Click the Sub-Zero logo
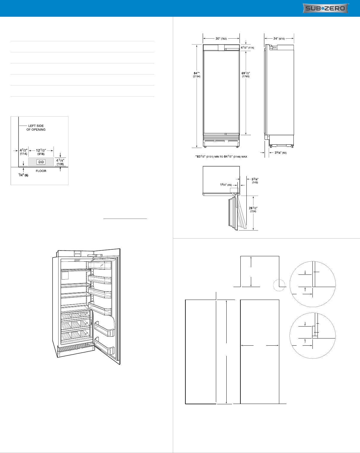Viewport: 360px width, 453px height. (325, 8)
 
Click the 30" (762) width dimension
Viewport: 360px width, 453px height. (221, 39)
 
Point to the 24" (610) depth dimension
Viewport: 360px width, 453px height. (279, 39)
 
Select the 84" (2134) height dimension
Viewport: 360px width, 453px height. (197, 75)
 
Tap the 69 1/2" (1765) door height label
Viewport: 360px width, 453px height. (246, 75)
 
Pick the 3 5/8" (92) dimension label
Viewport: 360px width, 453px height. (280, 152)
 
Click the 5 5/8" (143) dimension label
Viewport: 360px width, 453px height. (255, 181)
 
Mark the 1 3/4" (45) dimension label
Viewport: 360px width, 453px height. (226, 184)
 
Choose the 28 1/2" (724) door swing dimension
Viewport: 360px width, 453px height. (253, 209)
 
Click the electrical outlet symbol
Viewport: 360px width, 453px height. (41, 162)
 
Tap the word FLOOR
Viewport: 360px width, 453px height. (41, 171)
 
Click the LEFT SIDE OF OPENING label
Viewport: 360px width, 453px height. (36, 128)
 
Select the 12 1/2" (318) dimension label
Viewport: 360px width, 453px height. (41, 152)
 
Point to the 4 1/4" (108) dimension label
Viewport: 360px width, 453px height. (60, 162)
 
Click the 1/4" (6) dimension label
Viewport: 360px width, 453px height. (23, 175)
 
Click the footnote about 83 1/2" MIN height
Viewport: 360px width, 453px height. (221, 157)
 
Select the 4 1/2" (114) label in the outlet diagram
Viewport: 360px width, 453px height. (24, 152)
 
